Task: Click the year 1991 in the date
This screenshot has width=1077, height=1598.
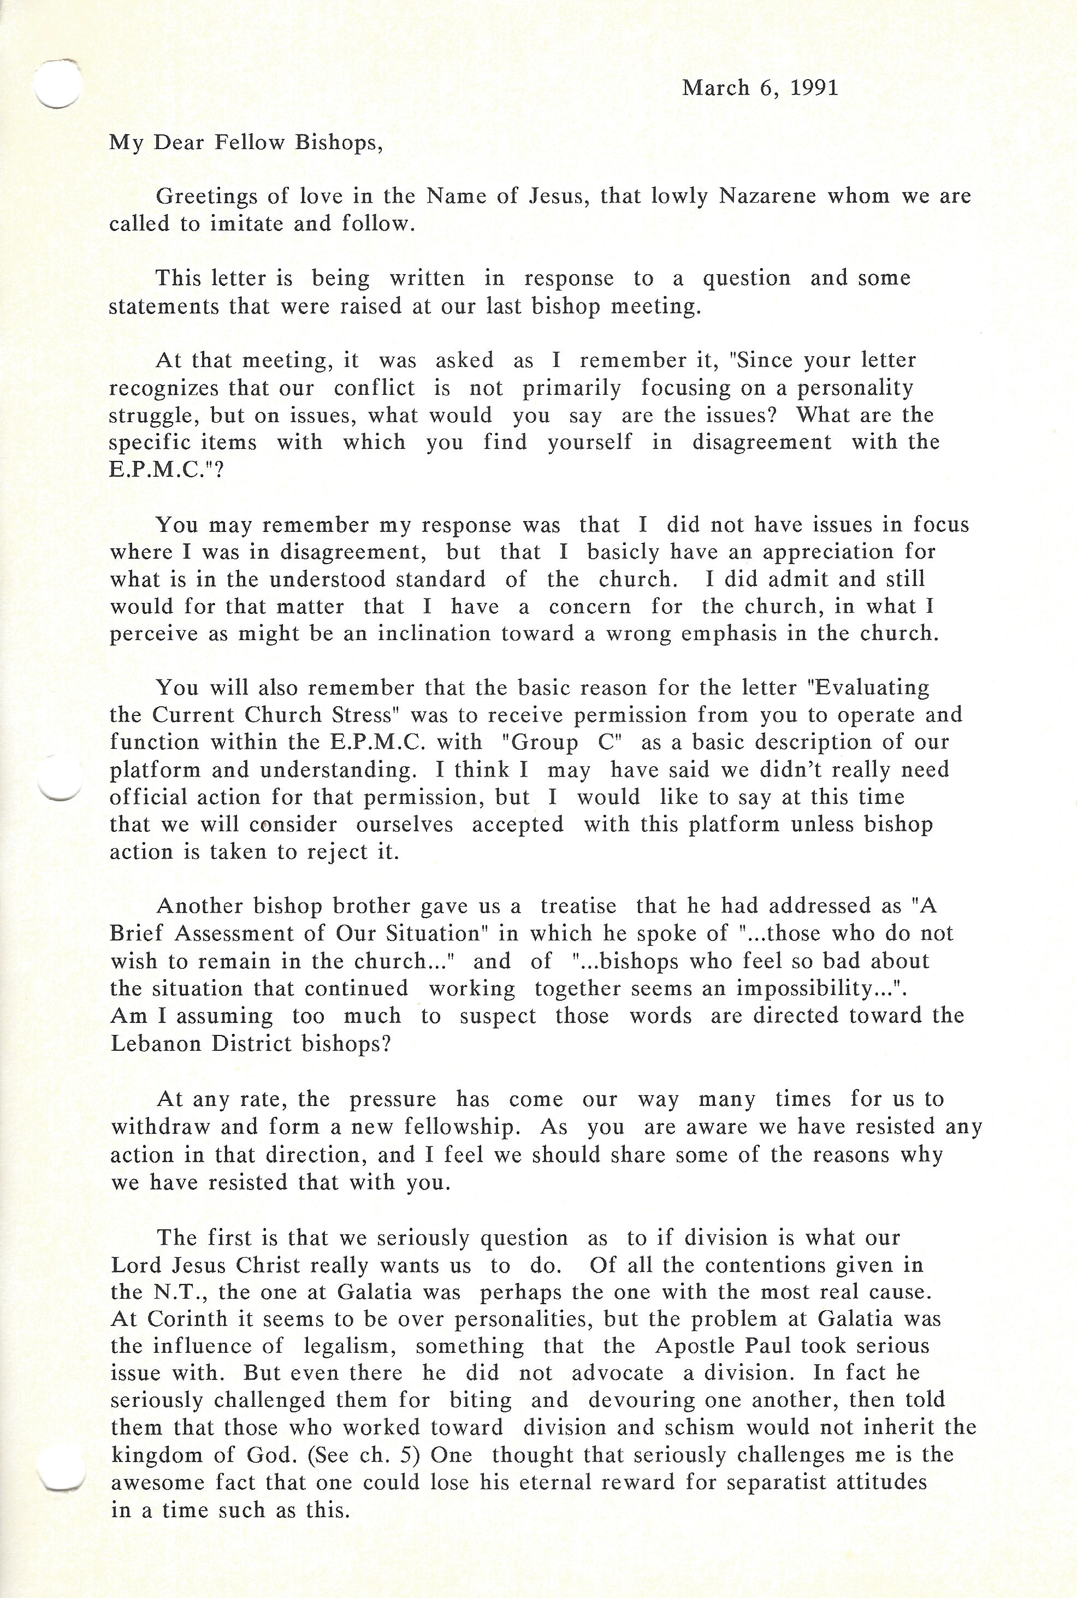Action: pos(815,88)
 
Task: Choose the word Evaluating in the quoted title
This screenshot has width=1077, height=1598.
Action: pos(872,688)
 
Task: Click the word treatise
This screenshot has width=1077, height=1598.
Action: pos(578,906)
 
